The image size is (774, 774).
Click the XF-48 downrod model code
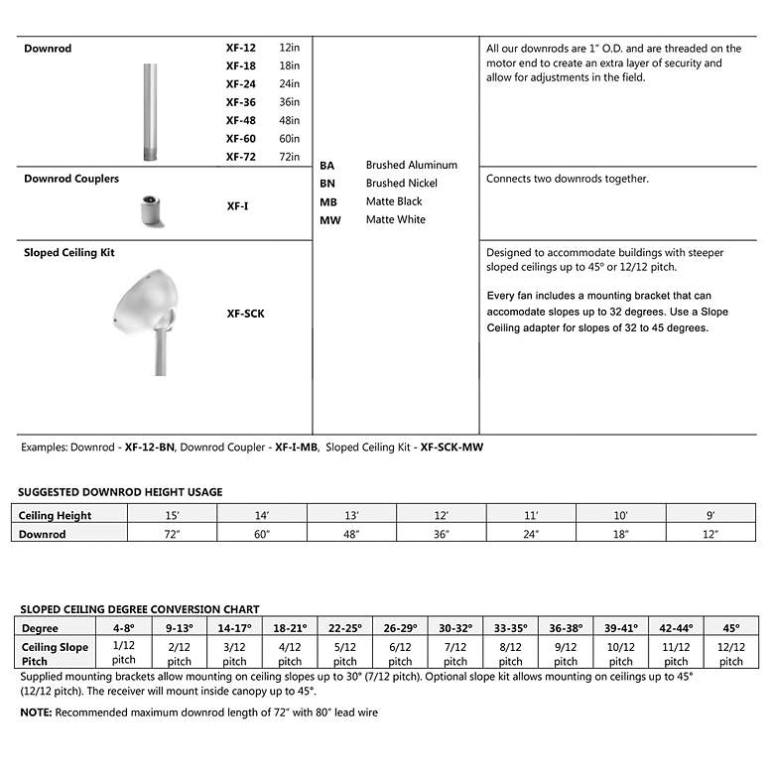click(x=240, y=120)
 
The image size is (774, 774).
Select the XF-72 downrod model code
click(x=240, y=156)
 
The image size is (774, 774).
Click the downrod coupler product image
click(x=149, y=206)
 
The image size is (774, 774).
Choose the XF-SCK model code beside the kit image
click(x=245, y=314)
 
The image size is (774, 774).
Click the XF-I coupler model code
click(x=237, y=206)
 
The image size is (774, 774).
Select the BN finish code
click(x=328, y=184)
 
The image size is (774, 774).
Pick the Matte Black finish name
click(x=394, y=201)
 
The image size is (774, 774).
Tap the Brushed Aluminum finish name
click(x=411, y=165)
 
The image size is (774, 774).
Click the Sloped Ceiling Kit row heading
click(x=69, y=253)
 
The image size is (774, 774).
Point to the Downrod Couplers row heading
click(x=71, y=179)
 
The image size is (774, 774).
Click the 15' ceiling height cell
click(x=172, y=515)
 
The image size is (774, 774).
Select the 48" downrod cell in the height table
click(x=351, y=534)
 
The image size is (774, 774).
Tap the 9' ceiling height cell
click(x=710, y=515)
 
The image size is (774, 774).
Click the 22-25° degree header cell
click(x=344, y=628)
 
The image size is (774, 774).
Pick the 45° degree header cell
click(x=730, y=628)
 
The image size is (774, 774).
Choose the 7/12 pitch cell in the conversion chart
click(x=455, y=653)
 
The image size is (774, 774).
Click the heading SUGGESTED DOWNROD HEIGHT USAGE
click(x=120, y=492)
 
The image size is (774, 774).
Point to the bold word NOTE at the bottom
click(x=37, y=712)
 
